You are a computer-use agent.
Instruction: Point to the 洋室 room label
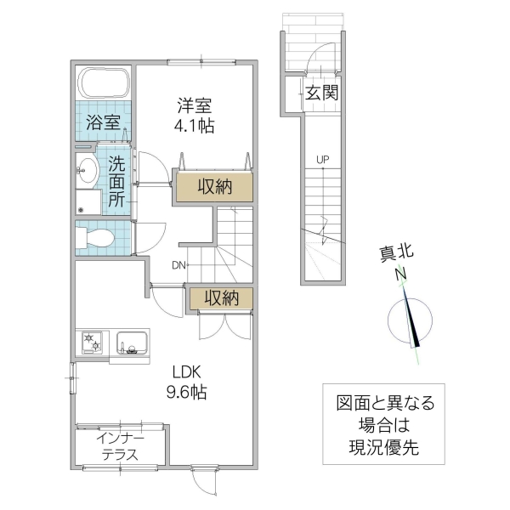click(x=194, y=106)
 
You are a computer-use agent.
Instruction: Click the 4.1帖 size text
click(x=195, y=127)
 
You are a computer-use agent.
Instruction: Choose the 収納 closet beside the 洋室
click(x=215, y=186)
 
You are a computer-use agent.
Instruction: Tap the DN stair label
click(x=178, y=265)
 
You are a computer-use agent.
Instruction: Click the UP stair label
click(x=322, y=159)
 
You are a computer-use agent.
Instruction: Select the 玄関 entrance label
click(x=321, y=93)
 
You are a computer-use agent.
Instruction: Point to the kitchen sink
click(x=132, y=343)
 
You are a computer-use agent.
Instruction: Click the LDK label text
click(x=190, y=372)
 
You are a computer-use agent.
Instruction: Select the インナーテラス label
click(x=120, y=446)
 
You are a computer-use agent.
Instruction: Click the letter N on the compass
click(x=399, y=275)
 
